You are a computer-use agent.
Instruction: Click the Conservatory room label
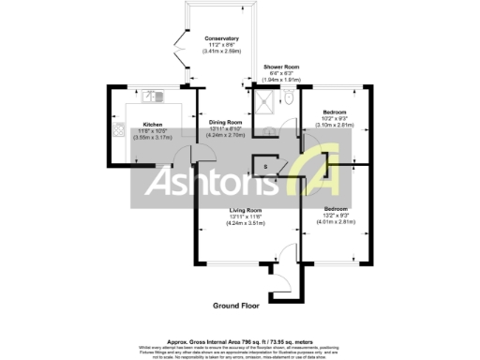222,38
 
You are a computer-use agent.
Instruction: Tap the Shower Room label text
280,67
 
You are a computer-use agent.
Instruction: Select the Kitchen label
153,123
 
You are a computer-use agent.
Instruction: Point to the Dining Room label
225,123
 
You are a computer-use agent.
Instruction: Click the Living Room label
245,210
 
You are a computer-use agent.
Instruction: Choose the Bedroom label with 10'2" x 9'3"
335,111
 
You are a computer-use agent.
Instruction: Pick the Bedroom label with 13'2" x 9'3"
335,208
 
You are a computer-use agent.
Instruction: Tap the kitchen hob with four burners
119,130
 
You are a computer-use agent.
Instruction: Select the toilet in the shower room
289,98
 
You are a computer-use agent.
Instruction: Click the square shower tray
269,100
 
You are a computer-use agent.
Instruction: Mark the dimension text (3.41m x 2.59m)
222,52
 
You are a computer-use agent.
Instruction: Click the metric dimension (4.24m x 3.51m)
245,223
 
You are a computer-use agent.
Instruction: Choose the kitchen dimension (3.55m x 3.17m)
153,136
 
